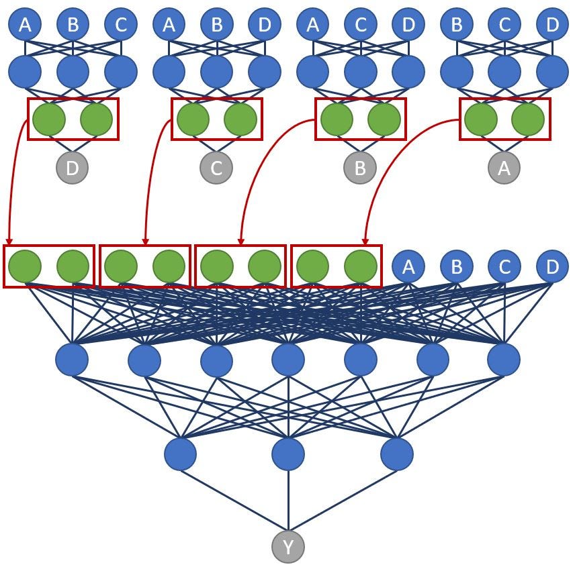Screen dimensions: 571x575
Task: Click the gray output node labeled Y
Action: click(x=288, y=547)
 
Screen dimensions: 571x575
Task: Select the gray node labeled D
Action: click(x=73, y=168)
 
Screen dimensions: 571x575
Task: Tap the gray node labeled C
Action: click(x=216, y=168)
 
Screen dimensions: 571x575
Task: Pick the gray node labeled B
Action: click(x=360, y=168)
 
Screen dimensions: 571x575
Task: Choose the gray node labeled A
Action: click(x=504, y=168)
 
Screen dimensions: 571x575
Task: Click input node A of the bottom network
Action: click(x=408, y=267)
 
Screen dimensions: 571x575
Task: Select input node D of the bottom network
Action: click(x=552, y=267)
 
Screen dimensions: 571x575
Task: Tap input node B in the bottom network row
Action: click(x=456, y=267)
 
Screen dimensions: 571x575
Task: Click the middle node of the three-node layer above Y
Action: click(x=288, y=454)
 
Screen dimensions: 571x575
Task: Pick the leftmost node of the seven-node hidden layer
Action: click(x=72, y=360)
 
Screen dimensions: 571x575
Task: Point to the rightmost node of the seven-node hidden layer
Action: click(x=504, y=360)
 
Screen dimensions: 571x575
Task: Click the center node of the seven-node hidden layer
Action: click(x=288, y=360)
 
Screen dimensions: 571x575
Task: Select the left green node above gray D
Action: click(x=49, y=119)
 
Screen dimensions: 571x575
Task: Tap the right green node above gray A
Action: click(x=527, y=119)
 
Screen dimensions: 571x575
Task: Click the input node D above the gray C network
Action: click(x=265, y=25)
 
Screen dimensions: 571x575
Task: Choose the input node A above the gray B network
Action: click(x=313, y=25)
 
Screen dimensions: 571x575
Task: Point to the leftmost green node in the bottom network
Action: click(x=25, y=267)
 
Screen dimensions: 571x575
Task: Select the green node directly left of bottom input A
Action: click(x=361, y=267)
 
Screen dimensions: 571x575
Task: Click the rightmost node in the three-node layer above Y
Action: click(x=396, y=454)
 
